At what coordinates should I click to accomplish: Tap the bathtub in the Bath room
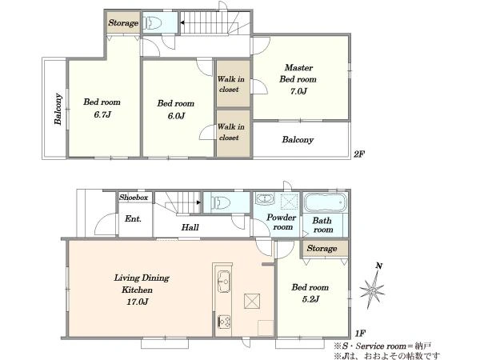click(x=326, y=202)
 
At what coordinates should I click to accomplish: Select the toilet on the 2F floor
click(x=153, y=22)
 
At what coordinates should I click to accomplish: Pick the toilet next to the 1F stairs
click(x=222, y=202)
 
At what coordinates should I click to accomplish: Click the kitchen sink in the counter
click(x=224, y=281)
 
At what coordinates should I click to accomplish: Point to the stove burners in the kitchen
click(x=224, y=322)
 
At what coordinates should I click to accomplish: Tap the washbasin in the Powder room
click(x=265, y=199)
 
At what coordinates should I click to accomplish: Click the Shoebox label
click(x=134, y=198)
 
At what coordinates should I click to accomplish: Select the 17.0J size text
click(x=138, y=302)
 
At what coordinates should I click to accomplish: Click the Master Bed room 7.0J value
click(x=298, y=91)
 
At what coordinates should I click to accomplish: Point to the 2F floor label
click(x=358, y=154)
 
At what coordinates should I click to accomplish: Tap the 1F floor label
click(x=360, y=333)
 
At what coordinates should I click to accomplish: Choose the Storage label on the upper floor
click(x=123, y=23)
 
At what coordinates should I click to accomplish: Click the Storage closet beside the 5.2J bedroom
click(x=325, y=249)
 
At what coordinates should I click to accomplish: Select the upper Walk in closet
click(x=234, y=83)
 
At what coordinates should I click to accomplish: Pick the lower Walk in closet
click(x=234, y=134)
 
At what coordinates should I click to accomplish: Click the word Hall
click(x=190, y=227)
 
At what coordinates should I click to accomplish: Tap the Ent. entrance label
click(x=133, y=219)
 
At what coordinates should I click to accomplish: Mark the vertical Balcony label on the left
click(x=58, y=109)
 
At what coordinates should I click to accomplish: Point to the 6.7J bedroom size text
click(x=102, y=114)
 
